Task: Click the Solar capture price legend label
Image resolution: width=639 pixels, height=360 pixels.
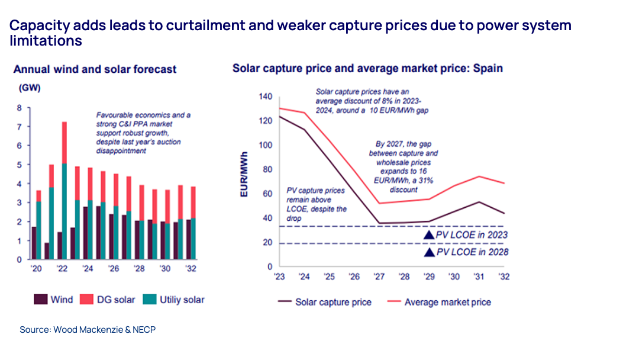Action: [333, 302]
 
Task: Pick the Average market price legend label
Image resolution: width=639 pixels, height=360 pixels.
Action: [447, 302]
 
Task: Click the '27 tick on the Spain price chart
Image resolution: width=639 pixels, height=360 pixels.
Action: [378, 277]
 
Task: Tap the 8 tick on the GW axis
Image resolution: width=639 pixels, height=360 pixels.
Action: [19, 108]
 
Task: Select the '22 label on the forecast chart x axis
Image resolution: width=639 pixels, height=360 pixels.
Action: [61, 268]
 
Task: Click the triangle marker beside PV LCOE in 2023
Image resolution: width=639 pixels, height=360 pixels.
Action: [429, 235]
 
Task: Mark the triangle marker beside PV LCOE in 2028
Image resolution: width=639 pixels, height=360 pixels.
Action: [429, 252]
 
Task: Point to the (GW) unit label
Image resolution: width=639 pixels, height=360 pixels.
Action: [29, 88]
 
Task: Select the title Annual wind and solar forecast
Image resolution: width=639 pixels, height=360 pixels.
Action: [95, 69]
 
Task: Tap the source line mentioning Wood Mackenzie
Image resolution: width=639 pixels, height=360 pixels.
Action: [88, 329]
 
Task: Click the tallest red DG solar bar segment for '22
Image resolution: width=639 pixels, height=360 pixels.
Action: [64, 143]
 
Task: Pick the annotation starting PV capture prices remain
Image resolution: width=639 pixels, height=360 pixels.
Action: [317, 205]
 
